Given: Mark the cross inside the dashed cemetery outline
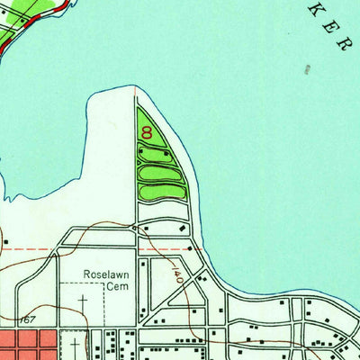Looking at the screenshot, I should [83, 300].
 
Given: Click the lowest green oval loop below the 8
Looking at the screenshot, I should [163, 191].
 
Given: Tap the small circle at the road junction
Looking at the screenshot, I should [134, 228].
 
